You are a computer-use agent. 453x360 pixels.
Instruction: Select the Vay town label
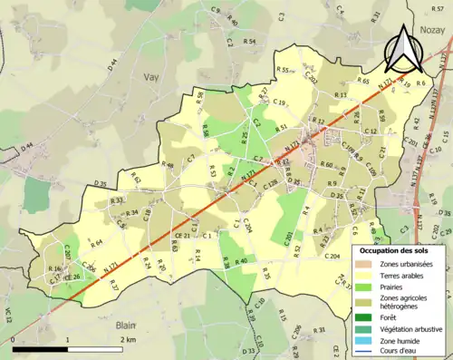(150, 78)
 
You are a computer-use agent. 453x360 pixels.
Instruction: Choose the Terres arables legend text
(403, 274)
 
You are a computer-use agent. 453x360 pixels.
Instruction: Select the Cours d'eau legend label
(404, 350)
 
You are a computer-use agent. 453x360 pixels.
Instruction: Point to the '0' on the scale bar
(14, 339)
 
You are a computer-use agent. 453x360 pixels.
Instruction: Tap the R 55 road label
(283, 70)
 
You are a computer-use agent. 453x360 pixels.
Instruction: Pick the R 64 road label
(96, 243)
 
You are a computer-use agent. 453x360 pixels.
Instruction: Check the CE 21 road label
(181, 236)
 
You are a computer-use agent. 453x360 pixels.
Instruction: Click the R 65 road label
(362, 81)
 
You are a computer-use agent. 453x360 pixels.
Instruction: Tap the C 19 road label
(279, 102)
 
